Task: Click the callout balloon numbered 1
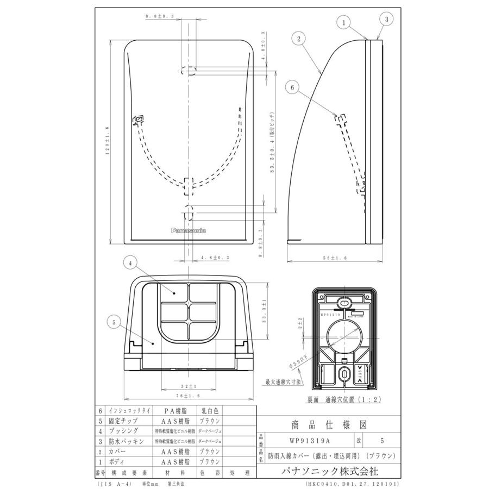[344, 22]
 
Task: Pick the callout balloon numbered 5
[114, 322]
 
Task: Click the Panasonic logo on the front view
[189, 231]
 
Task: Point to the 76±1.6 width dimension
[189, 398]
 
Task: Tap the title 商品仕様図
[326, 425]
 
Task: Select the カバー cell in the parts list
[120, 452]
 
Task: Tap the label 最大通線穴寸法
[283, 381]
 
